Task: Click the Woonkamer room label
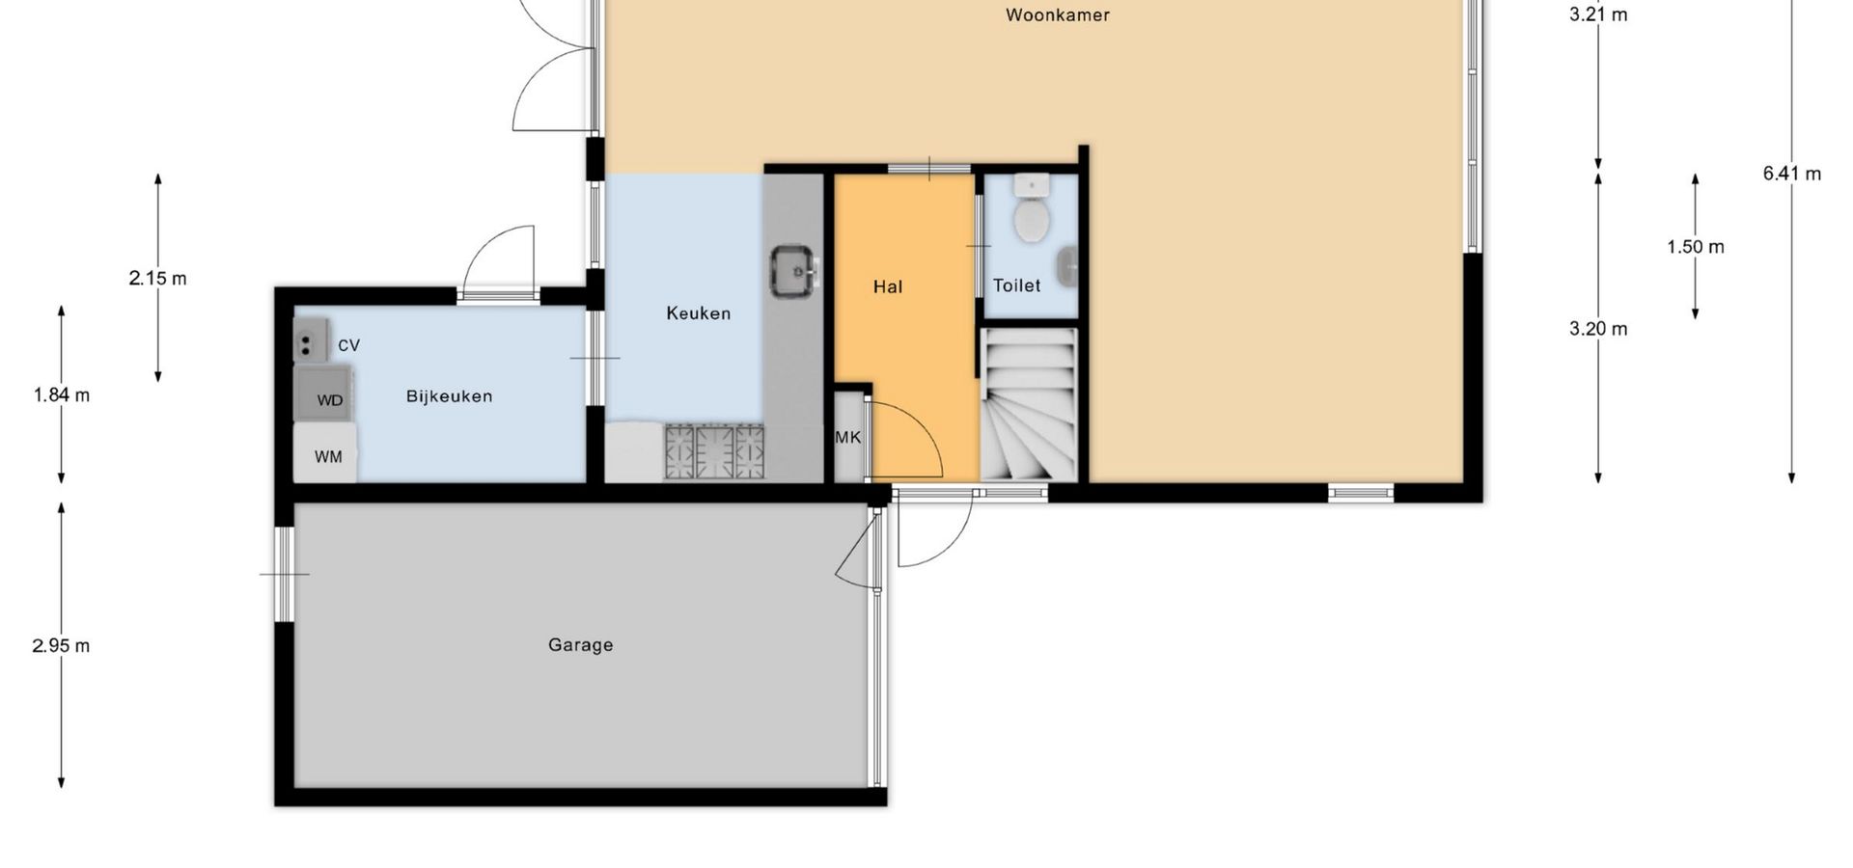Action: coord(1057,15)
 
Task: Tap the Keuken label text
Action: coord(699,313)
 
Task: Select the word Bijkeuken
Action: coord(449,396)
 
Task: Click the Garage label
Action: coord(580,645)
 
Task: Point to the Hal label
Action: coord(888,286)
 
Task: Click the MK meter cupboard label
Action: coord(847,438)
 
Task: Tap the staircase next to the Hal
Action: coord(1029,404)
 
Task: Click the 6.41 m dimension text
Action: coord(1791,174)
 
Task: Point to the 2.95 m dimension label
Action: coord(61,646)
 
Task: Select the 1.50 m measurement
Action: coord(1695,247)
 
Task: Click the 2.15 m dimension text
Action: coord(157,279)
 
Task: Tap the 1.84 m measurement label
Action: coord(61,394)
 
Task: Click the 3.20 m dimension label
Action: coord(1598,329)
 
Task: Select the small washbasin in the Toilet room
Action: coord(1066,267)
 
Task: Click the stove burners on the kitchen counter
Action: coord(714,452)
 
